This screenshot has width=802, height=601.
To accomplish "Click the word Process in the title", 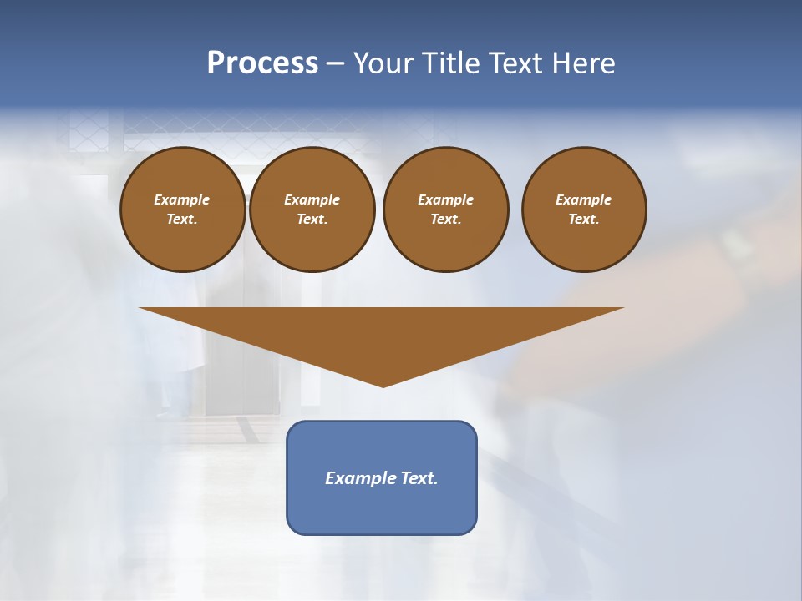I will [x=262, y=63].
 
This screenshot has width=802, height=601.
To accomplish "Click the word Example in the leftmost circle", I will [x=182, y=199].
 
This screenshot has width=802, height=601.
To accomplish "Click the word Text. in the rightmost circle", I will [x=584, y=220].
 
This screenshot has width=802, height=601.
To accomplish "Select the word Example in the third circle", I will [x=445, y=199].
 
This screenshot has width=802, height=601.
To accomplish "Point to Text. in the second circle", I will [x=312, y=220].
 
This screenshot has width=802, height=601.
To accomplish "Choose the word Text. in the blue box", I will [x=419, y=478].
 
